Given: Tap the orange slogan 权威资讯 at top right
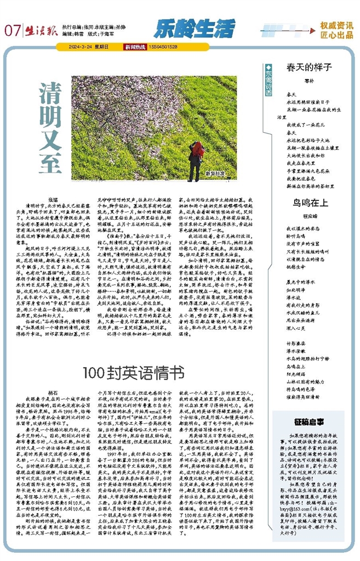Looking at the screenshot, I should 336,25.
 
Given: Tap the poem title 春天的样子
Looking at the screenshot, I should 310,67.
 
